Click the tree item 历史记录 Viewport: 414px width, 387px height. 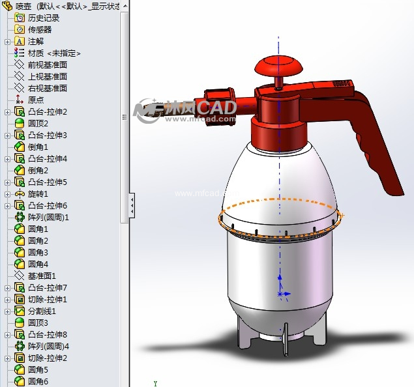(43, 18)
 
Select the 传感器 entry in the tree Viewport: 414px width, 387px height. (39, 29)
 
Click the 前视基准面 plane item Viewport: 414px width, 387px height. (47, 64)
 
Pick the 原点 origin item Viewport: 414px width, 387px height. (36, 100)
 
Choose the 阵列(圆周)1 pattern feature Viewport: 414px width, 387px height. (48, 217)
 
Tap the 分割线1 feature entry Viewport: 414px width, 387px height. (42, 311)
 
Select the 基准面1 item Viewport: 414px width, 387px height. (42, 276)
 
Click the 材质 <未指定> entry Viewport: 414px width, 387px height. (54, 53)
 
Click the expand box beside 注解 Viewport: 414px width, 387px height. (7, 41)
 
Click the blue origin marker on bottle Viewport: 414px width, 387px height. (281, 294)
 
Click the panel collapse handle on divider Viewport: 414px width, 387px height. (132, 205)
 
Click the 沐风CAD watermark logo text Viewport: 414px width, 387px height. (196, 108)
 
